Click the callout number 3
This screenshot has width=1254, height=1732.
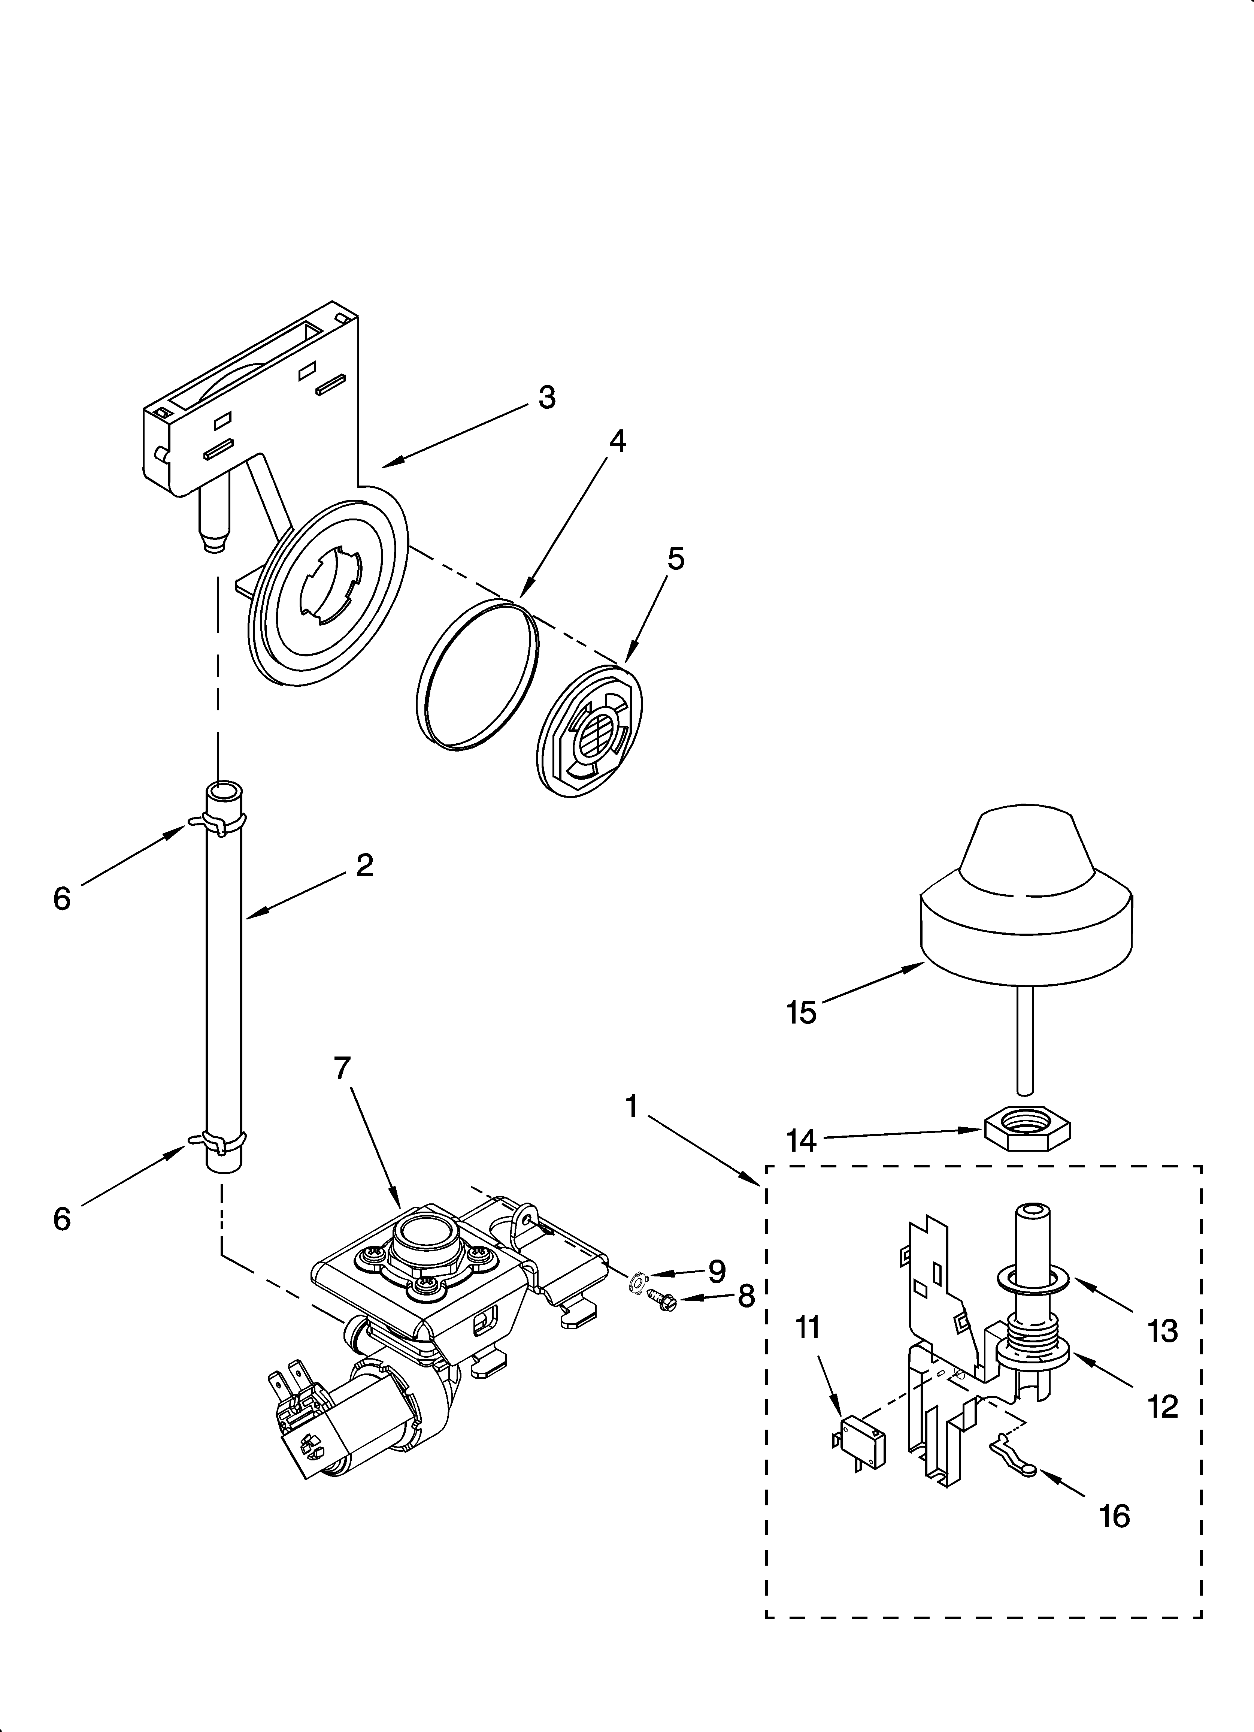(547, 398)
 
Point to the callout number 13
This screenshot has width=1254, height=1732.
(1162, 1331)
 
